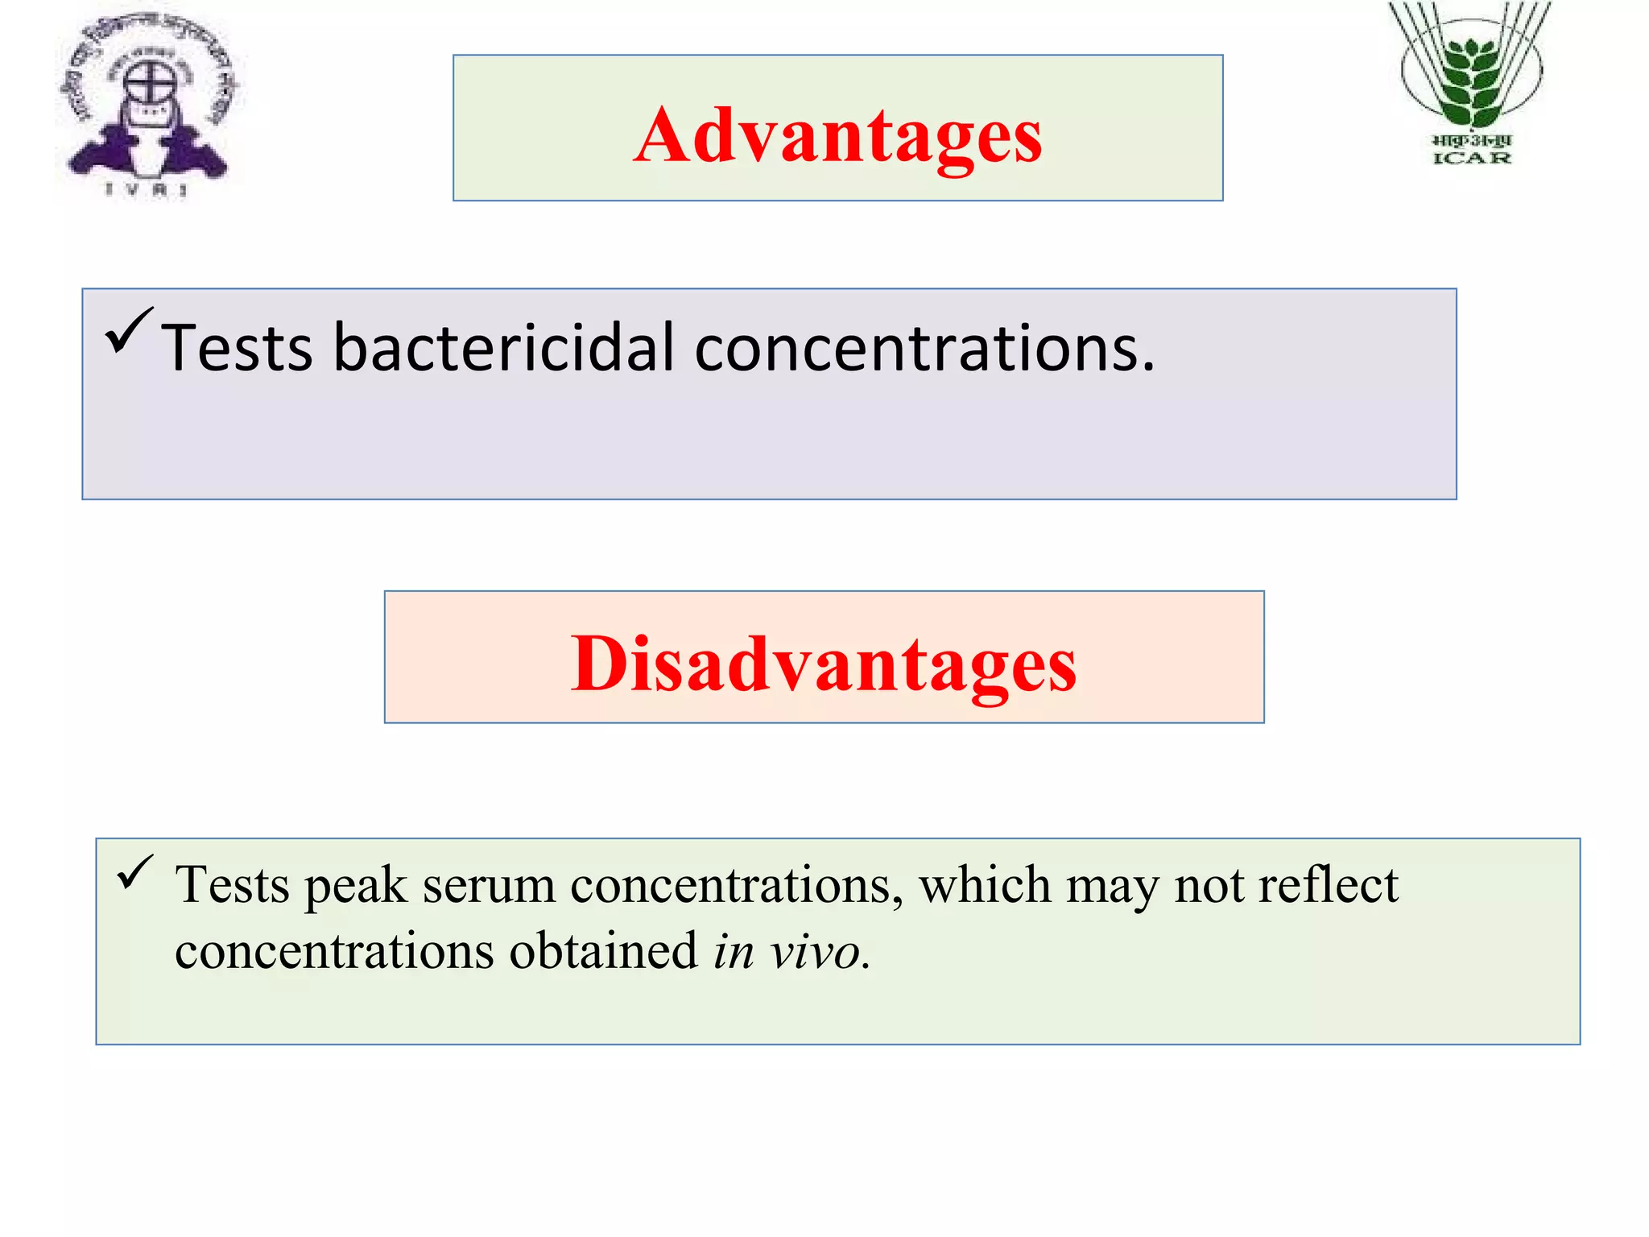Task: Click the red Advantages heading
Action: [837, 135]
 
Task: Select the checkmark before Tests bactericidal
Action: [128, 329]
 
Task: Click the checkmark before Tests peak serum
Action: [134, 872]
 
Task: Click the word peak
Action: [355, 887]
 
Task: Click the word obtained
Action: [603, 950]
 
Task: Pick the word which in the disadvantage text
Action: [985, 884]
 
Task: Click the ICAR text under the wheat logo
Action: [1472, 158]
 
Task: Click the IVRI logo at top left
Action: [148, 101]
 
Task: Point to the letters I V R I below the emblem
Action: [147, 190]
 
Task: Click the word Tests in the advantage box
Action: [237, 348]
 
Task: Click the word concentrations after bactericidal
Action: [924, 348]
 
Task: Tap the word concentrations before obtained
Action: [333, 951]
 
